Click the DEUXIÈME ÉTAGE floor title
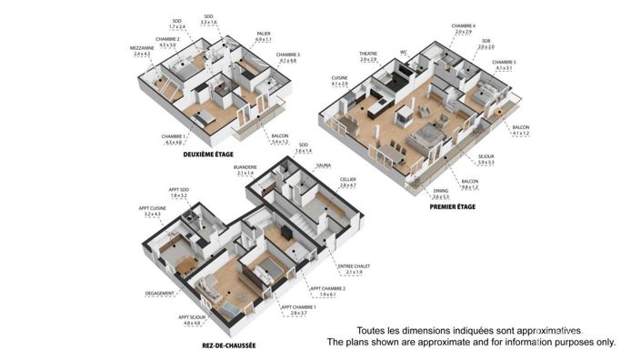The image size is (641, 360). pos(208,155)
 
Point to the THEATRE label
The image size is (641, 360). pos(367,55)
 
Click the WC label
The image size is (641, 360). pos(403,52)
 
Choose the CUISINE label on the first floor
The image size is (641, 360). pos(340,78)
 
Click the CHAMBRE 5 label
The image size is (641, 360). pos(503,63)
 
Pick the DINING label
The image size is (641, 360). pos(441,192)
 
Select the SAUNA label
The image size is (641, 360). pos(324,165)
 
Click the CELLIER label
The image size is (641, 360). pos(347,180)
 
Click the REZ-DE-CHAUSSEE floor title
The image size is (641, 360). pos(228,345)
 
